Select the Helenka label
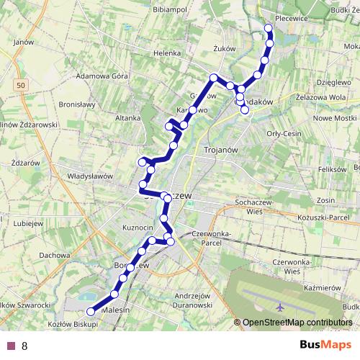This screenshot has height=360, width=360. click(166, 53)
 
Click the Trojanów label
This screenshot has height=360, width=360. click(205, 150)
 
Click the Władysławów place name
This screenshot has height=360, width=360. click(91, 175)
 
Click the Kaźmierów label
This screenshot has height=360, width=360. click(322, 286)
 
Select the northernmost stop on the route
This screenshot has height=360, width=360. click(269, 28)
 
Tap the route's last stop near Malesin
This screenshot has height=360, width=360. click(91, 312)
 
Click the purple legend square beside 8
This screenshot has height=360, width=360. click(11, 346)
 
